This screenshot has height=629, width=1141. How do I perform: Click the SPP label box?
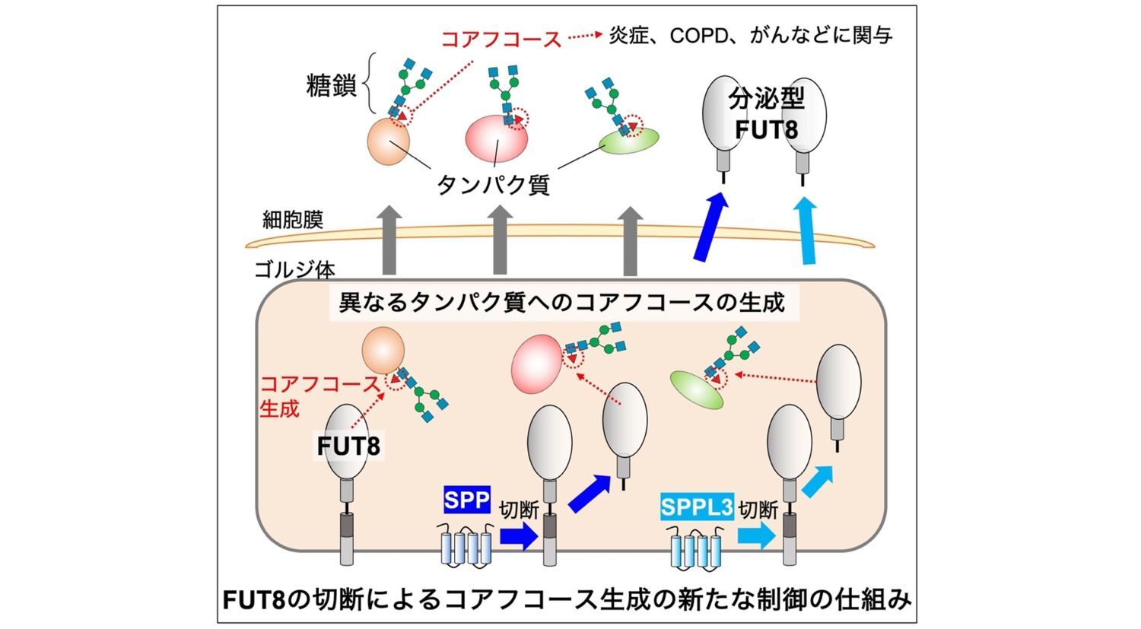pyautogui.click(x=466, y=500)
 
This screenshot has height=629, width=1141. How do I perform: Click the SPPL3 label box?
pyautogui.click(x=696, y=507)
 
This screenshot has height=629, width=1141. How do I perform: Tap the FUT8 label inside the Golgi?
pyautogui.click(x=348, y=446)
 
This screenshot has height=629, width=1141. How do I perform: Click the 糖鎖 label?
pyautogui.click(x=332, y=85)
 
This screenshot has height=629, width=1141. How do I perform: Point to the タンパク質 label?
pyautogui.click(x=493, y=184)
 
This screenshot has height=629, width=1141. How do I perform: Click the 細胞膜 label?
pyautogui.click(x=293, y=220)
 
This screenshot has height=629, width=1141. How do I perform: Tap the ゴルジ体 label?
pyautogui.click(x=294, y=269)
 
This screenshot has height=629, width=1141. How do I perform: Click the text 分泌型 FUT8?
pyautogui.click(x=766, y=114)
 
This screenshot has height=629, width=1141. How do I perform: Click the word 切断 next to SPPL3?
pyautogui.click(x=758, y=509)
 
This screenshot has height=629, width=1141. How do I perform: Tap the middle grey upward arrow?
pyautogui.click(x=500, y=239)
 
